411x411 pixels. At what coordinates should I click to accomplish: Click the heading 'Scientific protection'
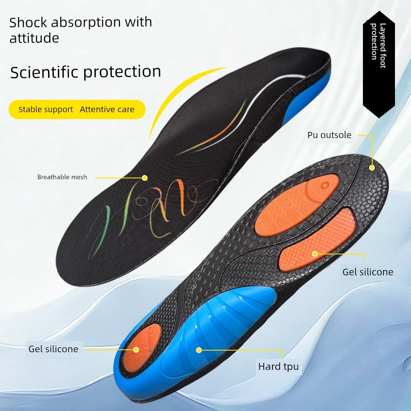coord(85,72)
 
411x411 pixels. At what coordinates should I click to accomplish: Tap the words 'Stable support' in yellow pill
coord(46,109)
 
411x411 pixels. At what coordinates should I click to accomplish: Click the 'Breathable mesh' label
coord(62,177)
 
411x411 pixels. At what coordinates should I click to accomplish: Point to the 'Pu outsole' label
coord(329,135)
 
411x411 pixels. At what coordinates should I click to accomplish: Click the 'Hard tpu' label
coord(278,367)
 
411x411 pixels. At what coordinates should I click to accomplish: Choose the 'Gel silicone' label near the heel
coord(53,349)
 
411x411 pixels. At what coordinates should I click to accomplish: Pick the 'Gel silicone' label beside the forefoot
coord(368,272)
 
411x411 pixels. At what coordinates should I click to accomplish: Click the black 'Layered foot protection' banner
coord(379,64)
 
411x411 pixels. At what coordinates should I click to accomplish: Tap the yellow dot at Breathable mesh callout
coord(145,178)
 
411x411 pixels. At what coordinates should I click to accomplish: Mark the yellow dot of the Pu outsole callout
coord(372,168)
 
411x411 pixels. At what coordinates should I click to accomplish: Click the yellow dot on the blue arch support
coord(199,350)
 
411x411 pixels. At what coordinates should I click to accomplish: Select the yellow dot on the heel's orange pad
coord(136,349)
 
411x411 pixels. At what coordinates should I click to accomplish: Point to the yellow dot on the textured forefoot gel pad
coord(315,254)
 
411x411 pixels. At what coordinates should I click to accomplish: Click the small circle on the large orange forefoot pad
coord(325,186)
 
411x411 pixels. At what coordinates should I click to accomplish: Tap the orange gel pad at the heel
coord(141,347)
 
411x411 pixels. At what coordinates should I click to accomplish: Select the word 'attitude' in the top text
coord(35,38)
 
